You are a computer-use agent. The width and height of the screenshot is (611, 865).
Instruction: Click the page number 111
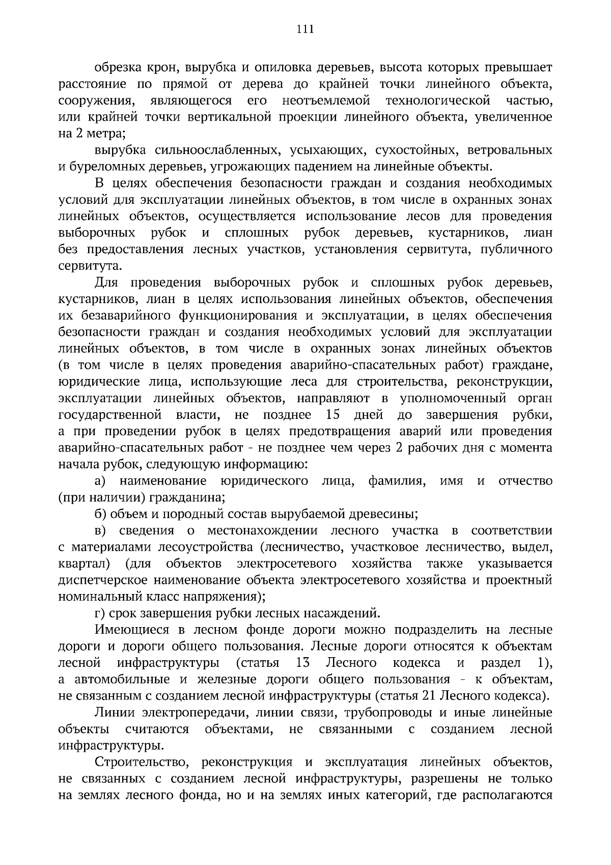pyautogui.click(x=305, y=29)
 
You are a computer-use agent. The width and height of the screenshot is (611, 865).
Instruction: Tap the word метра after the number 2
pyautogui.click(x=106, y=133)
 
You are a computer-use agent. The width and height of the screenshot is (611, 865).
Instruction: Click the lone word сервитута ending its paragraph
pyautogui.click(x=83, y=266)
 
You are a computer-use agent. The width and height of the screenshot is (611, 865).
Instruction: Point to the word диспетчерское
pyautogui.click(x=105, y=580)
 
